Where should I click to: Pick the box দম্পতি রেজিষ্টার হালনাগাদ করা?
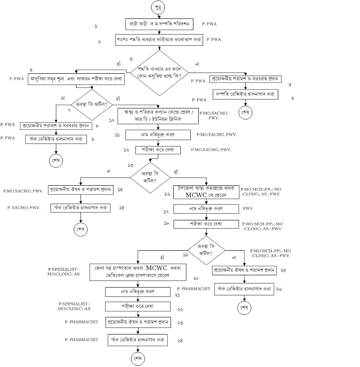[245, 94]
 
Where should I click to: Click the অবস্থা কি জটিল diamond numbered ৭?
[92, 104]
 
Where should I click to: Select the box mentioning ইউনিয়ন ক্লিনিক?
[158, 115]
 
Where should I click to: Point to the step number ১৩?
[131, 165]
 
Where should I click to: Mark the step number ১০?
[112, 120]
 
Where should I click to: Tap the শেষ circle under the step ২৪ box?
[138, 359]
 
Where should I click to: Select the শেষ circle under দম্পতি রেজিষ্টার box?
[245, 112]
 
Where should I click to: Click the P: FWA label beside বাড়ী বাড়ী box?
[209, 25]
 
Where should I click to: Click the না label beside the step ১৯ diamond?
[234, 257]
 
